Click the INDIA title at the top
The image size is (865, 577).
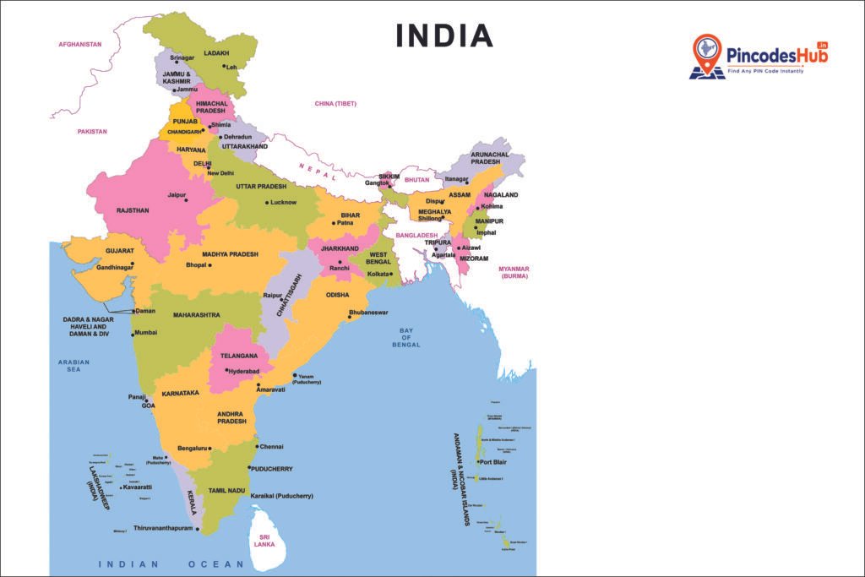click(444, 35)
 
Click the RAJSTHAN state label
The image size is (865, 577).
click(133, 210)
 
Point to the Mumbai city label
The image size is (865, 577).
click(146, 333)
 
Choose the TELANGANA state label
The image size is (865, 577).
click(239, 356)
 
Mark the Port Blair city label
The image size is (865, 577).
click(492, 462)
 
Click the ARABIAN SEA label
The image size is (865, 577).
click(73, 366)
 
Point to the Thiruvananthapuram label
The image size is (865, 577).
click(164, 527)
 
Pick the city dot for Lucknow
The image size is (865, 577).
click(268, 203)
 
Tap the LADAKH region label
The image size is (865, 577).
click(216, 53)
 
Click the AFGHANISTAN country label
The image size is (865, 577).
click(79, 44)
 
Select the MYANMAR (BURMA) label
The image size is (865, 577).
click(514, 272)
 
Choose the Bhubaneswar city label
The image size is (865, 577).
click(368, 313)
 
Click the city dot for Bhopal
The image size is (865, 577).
click(209, 265)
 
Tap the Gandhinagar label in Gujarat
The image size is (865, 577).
click(115, 267)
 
